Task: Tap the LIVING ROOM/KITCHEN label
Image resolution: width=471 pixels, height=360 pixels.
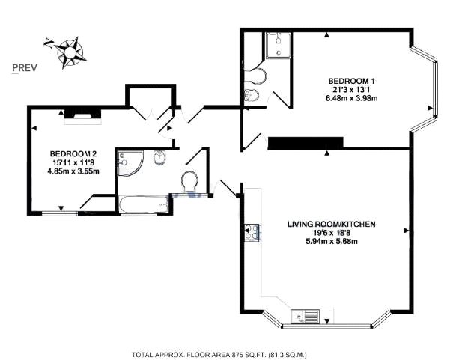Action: tap(332, 223)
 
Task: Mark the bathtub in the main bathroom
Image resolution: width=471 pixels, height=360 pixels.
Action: tap(143, 204)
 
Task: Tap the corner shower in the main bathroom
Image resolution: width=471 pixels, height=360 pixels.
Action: tap(129, 162)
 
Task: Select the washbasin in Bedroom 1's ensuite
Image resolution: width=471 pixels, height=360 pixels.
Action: tap(253, 95)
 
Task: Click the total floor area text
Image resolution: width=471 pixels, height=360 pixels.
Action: tap(219, 353)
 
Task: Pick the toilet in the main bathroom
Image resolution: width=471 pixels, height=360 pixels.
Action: tap(189, 180)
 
